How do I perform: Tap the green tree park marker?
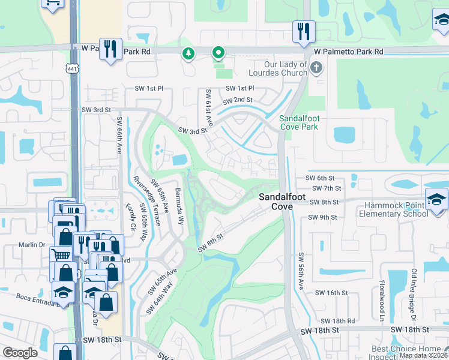point(189,54)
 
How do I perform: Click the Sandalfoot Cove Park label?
point(299,122)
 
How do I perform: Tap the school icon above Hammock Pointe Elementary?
point(436,197)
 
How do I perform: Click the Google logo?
point(20,353)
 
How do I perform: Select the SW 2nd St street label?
point(237,100)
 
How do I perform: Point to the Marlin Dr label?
point(33,245)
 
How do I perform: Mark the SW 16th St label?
point(333,293)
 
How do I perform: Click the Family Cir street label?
point(131,215)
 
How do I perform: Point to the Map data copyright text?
point(424,355)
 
